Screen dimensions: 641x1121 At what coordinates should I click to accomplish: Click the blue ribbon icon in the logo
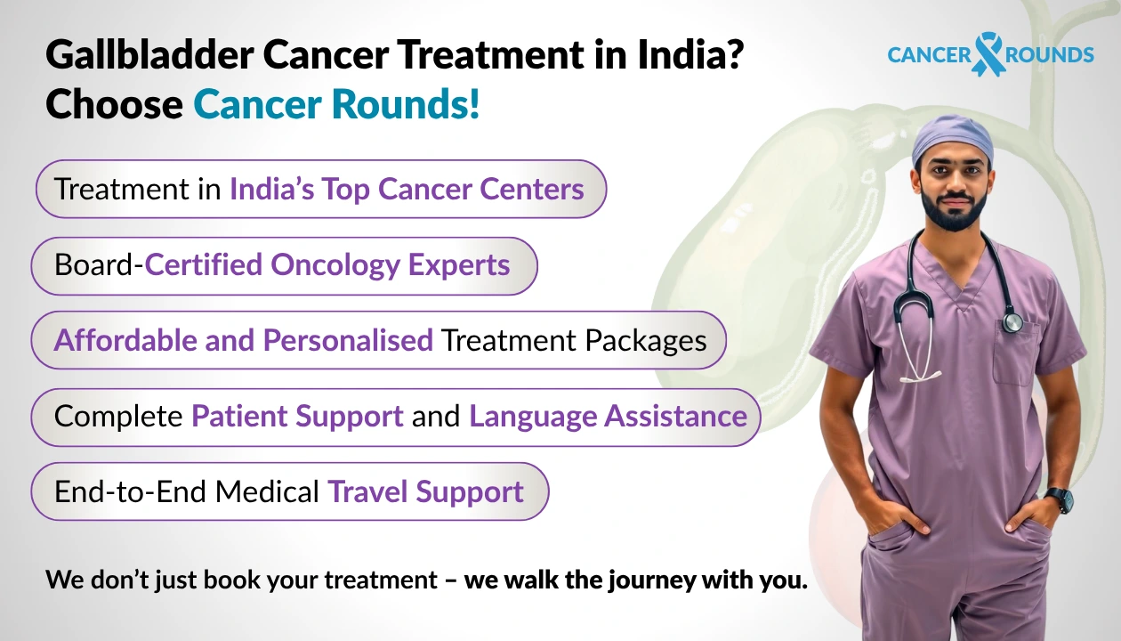988,54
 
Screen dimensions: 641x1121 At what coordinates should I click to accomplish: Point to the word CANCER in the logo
929,55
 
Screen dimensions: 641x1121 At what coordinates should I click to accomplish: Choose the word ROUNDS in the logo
1051,55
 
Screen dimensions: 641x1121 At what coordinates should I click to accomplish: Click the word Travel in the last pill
368,491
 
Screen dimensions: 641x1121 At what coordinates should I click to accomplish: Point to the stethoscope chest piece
1013,321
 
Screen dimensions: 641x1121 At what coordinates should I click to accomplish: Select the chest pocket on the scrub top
1015,356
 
